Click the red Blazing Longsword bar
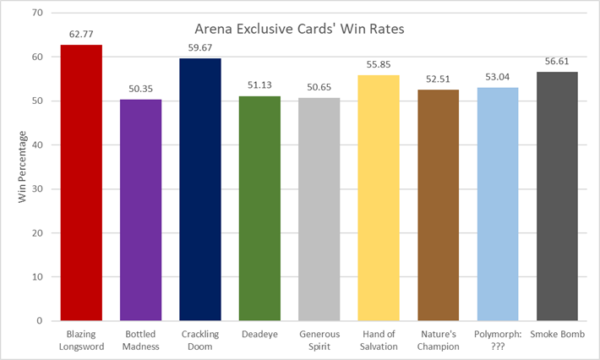click(81, 183)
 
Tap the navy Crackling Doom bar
click(200, 189)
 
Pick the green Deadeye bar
click(259, 208)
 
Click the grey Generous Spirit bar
click(319, 209)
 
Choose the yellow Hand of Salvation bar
click(379, 198)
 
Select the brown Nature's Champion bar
click(438, 205)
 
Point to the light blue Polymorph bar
click(497, 204)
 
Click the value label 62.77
click(81, 35)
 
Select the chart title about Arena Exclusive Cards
click(300, 28)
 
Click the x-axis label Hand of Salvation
click(379, 340)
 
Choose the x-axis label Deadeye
click(259, 335)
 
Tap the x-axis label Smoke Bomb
click(557, 335)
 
